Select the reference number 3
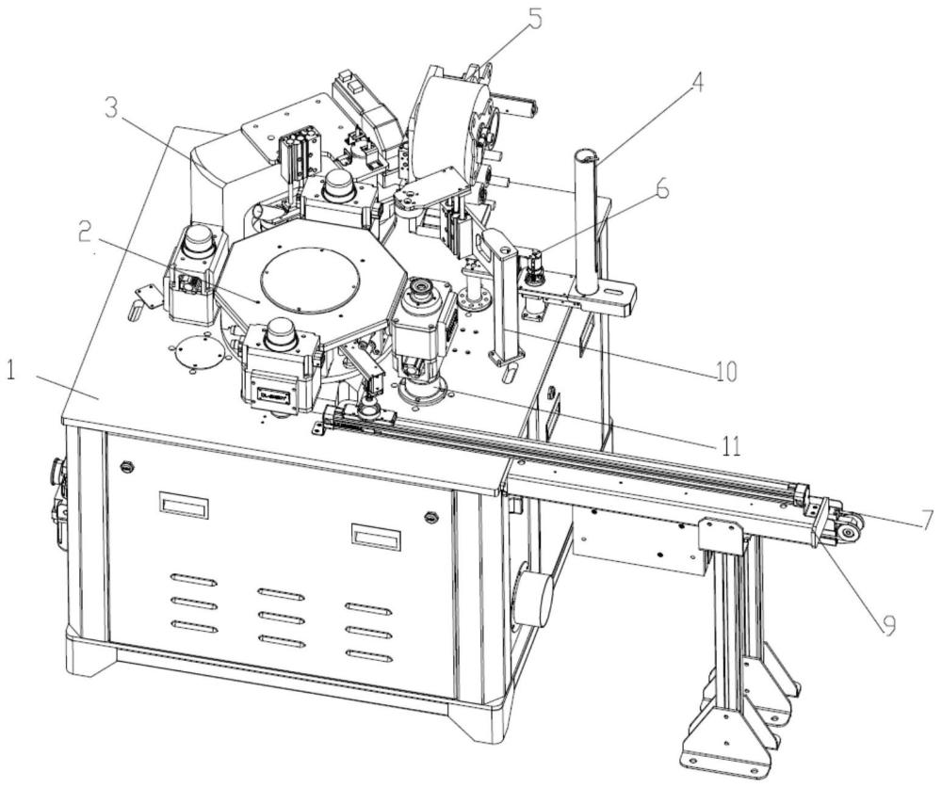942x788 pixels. click(111, 108)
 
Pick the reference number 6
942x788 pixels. click(661, 189)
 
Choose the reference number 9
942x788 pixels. click(888, 625)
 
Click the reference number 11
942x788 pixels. click(727, 445)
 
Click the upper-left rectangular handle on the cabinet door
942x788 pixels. click(185, 505)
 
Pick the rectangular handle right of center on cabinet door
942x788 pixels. click(376, 536)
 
